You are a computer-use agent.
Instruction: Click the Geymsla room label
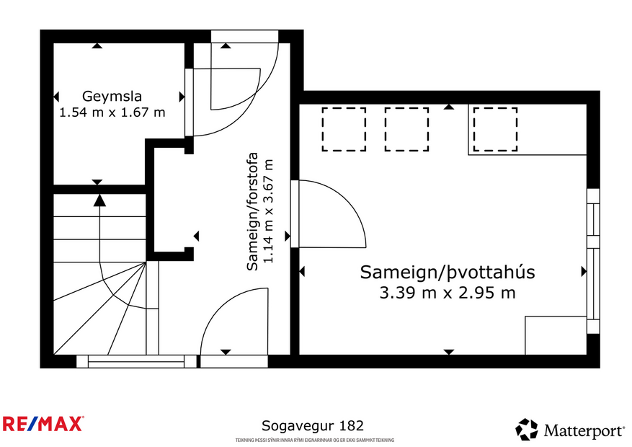click(x=112, y=96)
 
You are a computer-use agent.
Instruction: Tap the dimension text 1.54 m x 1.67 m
click(x=112, y=112)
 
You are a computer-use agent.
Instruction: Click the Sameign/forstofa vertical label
click(x=253, y=211)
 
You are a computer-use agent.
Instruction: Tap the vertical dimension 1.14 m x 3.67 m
click(x=270, y=211)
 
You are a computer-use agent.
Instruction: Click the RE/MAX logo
click(x=43, y=424)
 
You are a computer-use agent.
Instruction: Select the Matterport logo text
click(x=584, y=431)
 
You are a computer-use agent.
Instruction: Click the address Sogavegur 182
click(x=311, y=426)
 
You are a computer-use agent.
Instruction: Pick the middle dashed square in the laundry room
click(x=407, y=129)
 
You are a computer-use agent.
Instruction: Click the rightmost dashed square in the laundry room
click(x=495, y=129)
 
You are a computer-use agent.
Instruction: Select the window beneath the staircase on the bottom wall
click(x=136, y=360)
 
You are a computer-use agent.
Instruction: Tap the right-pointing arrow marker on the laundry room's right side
click(x=584, y=272)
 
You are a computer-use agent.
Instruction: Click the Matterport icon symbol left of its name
click(x=527, y=430)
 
